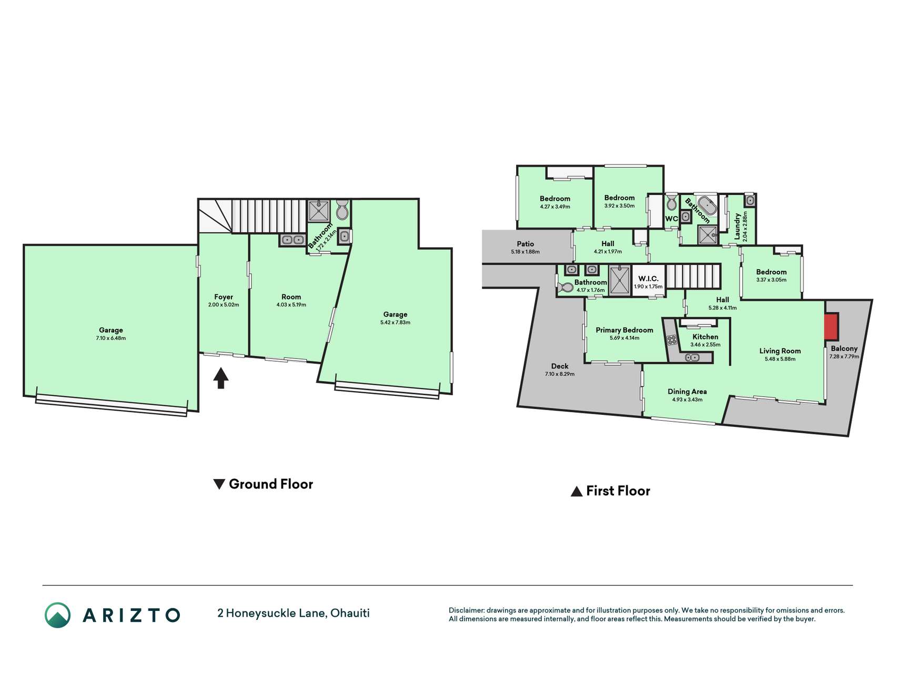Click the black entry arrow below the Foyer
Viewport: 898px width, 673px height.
(221, 378)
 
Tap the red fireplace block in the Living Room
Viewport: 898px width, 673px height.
(831, 327)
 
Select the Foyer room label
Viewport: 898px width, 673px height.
(224, 297)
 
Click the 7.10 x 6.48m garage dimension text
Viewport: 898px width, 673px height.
(111, 338)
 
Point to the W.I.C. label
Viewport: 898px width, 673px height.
(648, 279)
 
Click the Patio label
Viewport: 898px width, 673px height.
(525, 244)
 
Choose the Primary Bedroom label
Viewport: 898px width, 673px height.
(624, 330)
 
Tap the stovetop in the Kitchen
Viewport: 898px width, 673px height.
(672, 340)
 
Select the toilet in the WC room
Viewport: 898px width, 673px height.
(671, 202)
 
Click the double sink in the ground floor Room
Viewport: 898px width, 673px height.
(292, 240)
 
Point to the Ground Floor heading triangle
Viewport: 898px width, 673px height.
(219, 484)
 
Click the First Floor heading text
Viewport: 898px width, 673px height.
(618, 491)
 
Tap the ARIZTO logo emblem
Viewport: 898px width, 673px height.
(57, 615)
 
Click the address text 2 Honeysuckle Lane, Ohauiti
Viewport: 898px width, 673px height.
(294, 613)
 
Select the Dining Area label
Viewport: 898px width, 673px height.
(687, 392)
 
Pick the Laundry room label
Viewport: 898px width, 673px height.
(738, 227)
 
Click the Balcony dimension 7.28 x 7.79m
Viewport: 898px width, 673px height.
(844, 356)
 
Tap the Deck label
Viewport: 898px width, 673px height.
(560, 366)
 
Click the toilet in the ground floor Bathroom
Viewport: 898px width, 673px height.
(342, 209)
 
